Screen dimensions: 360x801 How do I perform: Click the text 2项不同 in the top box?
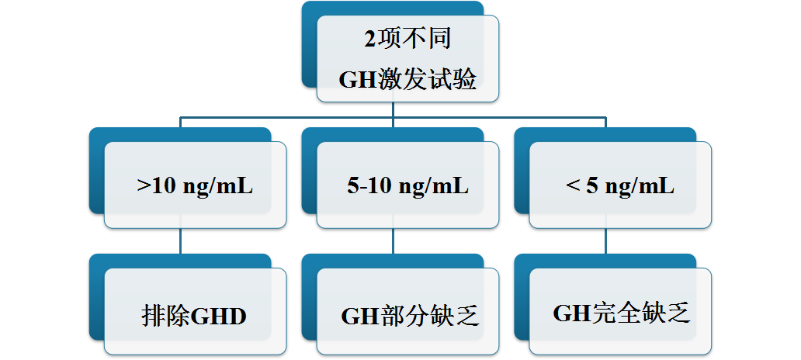point(407,38)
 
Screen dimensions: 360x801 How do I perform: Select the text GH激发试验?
point(407,79)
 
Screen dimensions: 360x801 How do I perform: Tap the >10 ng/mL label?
point(195,185)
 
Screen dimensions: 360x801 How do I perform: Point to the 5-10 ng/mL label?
point(407,185)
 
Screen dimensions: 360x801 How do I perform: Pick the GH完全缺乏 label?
point(621,313)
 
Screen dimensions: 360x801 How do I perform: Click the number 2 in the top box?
point(369,39)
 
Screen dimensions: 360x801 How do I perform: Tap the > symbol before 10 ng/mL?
point(144,185)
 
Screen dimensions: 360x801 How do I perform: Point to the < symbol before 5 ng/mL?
point(574,185)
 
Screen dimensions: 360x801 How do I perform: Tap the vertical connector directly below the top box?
point(394,110)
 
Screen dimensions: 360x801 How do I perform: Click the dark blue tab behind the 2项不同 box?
point(309,47)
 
